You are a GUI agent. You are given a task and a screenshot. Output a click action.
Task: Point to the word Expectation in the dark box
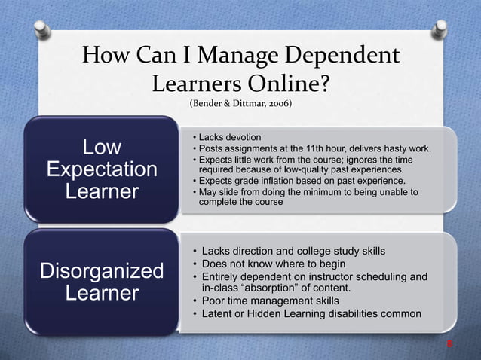click(102, 169)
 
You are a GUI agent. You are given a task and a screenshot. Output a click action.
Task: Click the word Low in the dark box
click(102, 145)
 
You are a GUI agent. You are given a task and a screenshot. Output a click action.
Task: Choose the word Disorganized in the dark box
click(102, 270)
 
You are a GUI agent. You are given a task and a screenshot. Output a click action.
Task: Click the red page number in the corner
click(449, 345)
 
